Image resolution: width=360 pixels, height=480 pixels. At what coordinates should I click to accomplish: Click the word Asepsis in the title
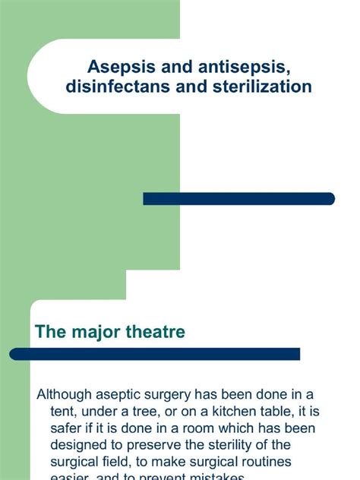point(116,68)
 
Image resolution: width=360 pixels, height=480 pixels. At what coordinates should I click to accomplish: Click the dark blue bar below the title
point(238,199)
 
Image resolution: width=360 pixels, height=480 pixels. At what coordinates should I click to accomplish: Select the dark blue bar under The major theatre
point(155,354)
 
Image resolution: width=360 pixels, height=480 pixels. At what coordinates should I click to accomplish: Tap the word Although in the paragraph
point(68,394)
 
